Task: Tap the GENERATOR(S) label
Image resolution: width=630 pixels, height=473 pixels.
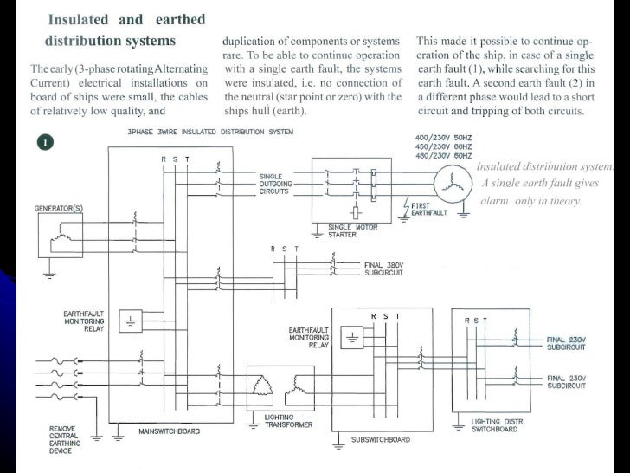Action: [57, 209]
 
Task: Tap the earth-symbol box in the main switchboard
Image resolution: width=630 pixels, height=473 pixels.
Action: [131, 320]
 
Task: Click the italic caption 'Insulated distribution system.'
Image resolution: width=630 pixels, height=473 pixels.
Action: [543, 166]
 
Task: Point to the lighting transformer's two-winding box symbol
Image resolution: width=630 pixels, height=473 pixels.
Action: [283, 385]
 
